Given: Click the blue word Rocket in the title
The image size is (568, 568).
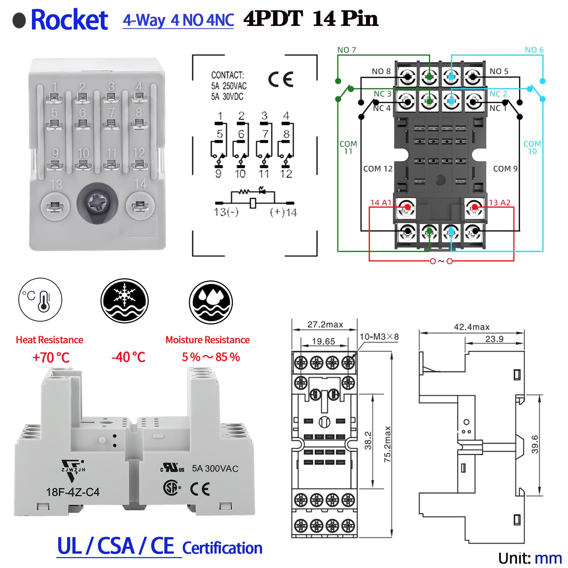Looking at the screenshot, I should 69,20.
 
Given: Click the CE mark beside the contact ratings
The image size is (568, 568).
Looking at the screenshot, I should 280,79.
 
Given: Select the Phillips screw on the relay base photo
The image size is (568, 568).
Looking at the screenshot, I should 98,204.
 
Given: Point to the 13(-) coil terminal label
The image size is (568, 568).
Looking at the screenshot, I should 226,212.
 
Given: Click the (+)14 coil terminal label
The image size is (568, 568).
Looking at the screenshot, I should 283,212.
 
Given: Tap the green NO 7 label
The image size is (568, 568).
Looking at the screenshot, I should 346,50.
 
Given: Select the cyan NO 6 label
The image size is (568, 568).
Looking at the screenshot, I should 534,50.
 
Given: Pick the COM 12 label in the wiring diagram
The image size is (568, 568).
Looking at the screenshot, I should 377,169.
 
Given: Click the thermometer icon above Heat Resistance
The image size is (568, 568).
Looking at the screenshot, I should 40,300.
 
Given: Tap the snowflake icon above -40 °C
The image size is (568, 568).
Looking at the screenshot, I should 124,300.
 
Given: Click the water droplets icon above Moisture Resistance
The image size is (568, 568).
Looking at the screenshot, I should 211,302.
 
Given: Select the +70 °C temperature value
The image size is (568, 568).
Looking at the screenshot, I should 51,357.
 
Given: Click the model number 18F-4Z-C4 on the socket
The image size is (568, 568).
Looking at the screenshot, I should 73,492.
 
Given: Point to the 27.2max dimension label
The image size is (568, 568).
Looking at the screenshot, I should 325,324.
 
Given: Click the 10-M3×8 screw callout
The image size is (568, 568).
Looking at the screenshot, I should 379,337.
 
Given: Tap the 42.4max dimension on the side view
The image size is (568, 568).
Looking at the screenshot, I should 471,327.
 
